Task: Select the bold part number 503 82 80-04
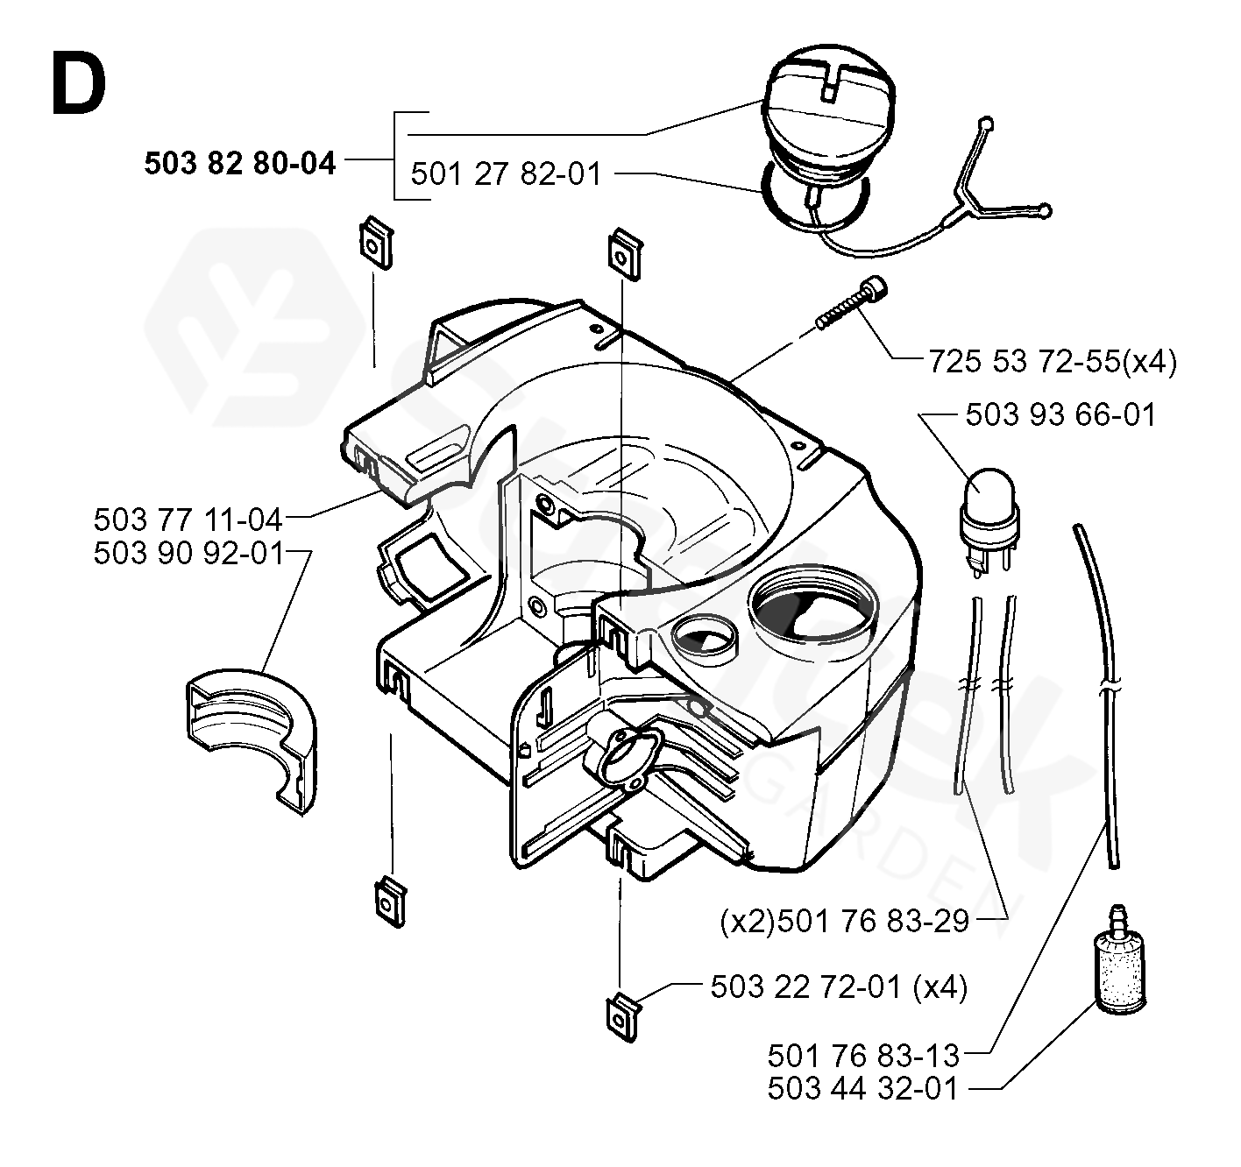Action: (x=240, y=163)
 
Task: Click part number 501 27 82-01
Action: (x=507, y=173)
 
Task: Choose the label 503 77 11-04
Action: (x=188, y=520)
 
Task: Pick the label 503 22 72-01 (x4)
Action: (x=839, y=987)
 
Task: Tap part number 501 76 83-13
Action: (x=863, y=1053)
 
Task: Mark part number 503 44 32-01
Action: (x=863, y=1088)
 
